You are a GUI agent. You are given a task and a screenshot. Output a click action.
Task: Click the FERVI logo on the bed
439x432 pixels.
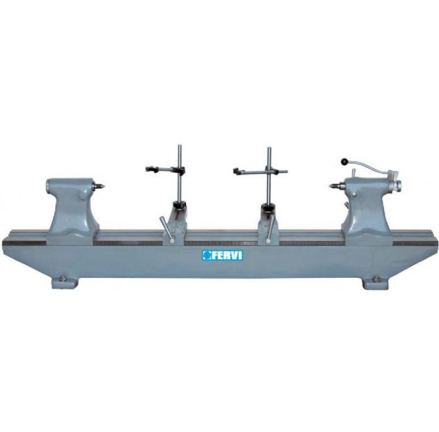point(223,255)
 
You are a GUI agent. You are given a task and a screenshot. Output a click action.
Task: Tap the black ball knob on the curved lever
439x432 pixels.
point(344,162)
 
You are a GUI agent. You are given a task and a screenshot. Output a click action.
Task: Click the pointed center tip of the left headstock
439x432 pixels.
point(104,185)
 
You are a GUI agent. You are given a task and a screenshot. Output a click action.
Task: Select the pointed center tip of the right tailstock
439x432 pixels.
point(330,185)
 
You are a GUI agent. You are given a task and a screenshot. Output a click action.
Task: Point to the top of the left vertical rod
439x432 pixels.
point(180,146)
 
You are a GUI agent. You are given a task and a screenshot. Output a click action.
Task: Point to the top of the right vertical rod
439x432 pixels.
point(269,148)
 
